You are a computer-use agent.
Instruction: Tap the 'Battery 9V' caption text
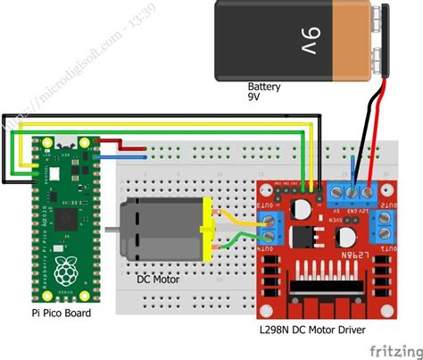click(x=264, y=93)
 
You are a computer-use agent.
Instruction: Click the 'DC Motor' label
click(x=158, y=279)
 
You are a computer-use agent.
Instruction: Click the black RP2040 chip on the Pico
click(x=65, y=216)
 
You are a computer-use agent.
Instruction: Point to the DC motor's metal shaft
click(x=112, y=230)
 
